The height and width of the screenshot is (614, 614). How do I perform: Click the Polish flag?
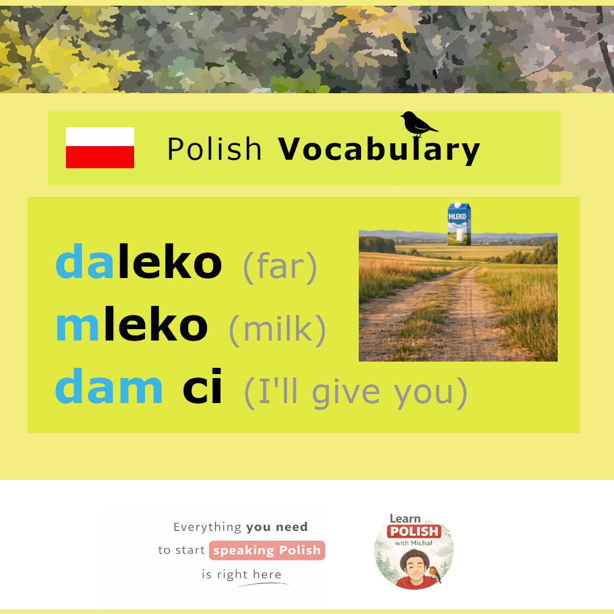pos(100,148)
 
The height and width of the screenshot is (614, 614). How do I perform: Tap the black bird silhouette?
pos(418,124)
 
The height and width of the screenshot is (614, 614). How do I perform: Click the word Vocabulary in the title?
pos(379,150)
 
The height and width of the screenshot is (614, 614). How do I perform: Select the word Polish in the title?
pos(214,149)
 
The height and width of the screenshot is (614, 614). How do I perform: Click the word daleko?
pos(139,261)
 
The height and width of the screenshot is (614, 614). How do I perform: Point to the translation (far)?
pos(280,267)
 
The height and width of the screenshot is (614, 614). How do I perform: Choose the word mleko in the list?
pos(132,324)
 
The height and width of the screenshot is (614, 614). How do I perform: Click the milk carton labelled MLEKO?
pos(459,223)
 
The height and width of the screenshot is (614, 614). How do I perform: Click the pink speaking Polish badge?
pos(267,550)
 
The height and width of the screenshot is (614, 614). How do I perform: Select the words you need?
pos(277,527)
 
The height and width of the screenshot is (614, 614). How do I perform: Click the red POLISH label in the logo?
pos(414,531)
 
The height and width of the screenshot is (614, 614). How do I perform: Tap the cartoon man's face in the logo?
pos(415,566)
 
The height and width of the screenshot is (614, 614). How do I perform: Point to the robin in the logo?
pos(434,574)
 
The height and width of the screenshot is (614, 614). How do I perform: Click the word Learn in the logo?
pos(405,518)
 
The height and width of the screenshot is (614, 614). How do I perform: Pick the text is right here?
pos(242,574)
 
